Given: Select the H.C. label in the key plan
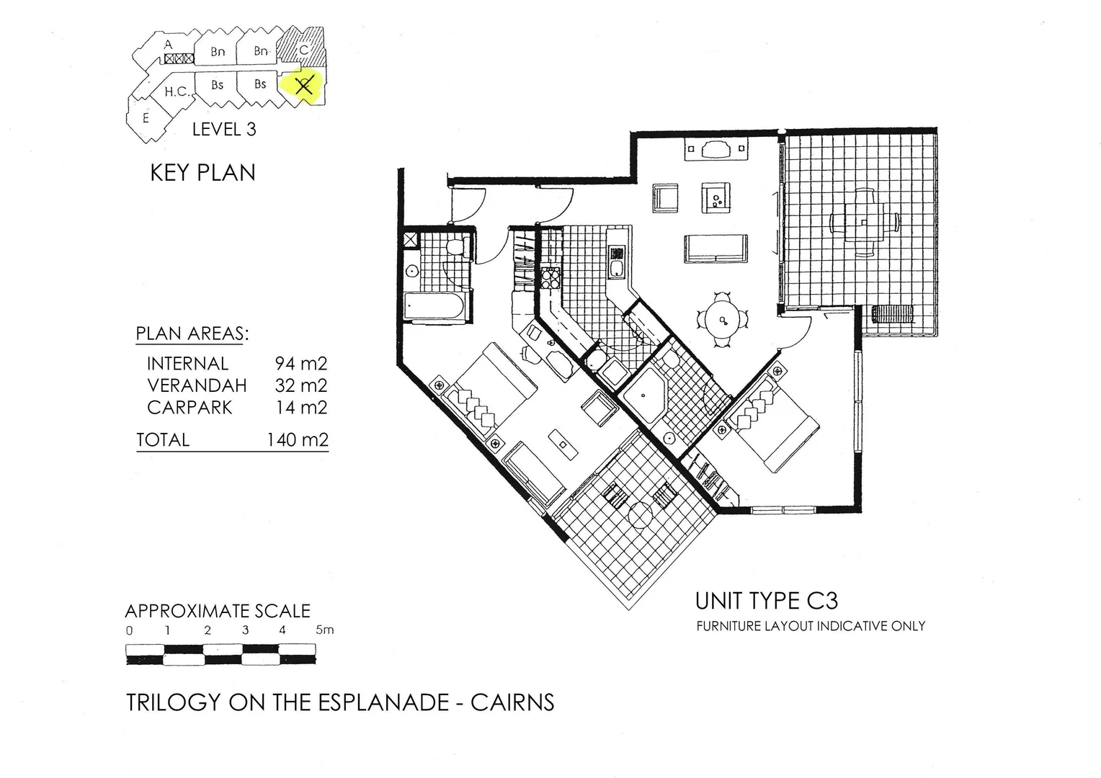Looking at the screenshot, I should tap(177, 91).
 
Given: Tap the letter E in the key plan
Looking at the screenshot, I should tap(146, 117).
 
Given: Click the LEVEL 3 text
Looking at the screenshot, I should tap(224, 130).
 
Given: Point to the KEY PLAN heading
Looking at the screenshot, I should tap(202, 173).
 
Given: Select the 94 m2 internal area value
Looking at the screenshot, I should tap(300, 364).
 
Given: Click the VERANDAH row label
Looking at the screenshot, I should tap(197, 385).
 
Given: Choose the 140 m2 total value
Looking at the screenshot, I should tap(297, 439).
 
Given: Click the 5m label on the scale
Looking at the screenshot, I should tap(324, 630).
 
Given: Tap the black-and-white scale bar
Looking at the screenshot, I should tap(220, 654).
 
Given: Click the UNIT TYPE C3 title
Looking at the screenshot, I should tap(766, 601).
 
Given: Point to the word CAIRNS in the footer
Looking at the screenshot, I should tap(512, 702).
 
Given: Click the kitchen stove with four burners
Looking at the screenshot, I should tap(550, 278).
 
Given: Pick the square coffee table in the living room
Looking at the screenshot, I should tap(716, 196).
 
